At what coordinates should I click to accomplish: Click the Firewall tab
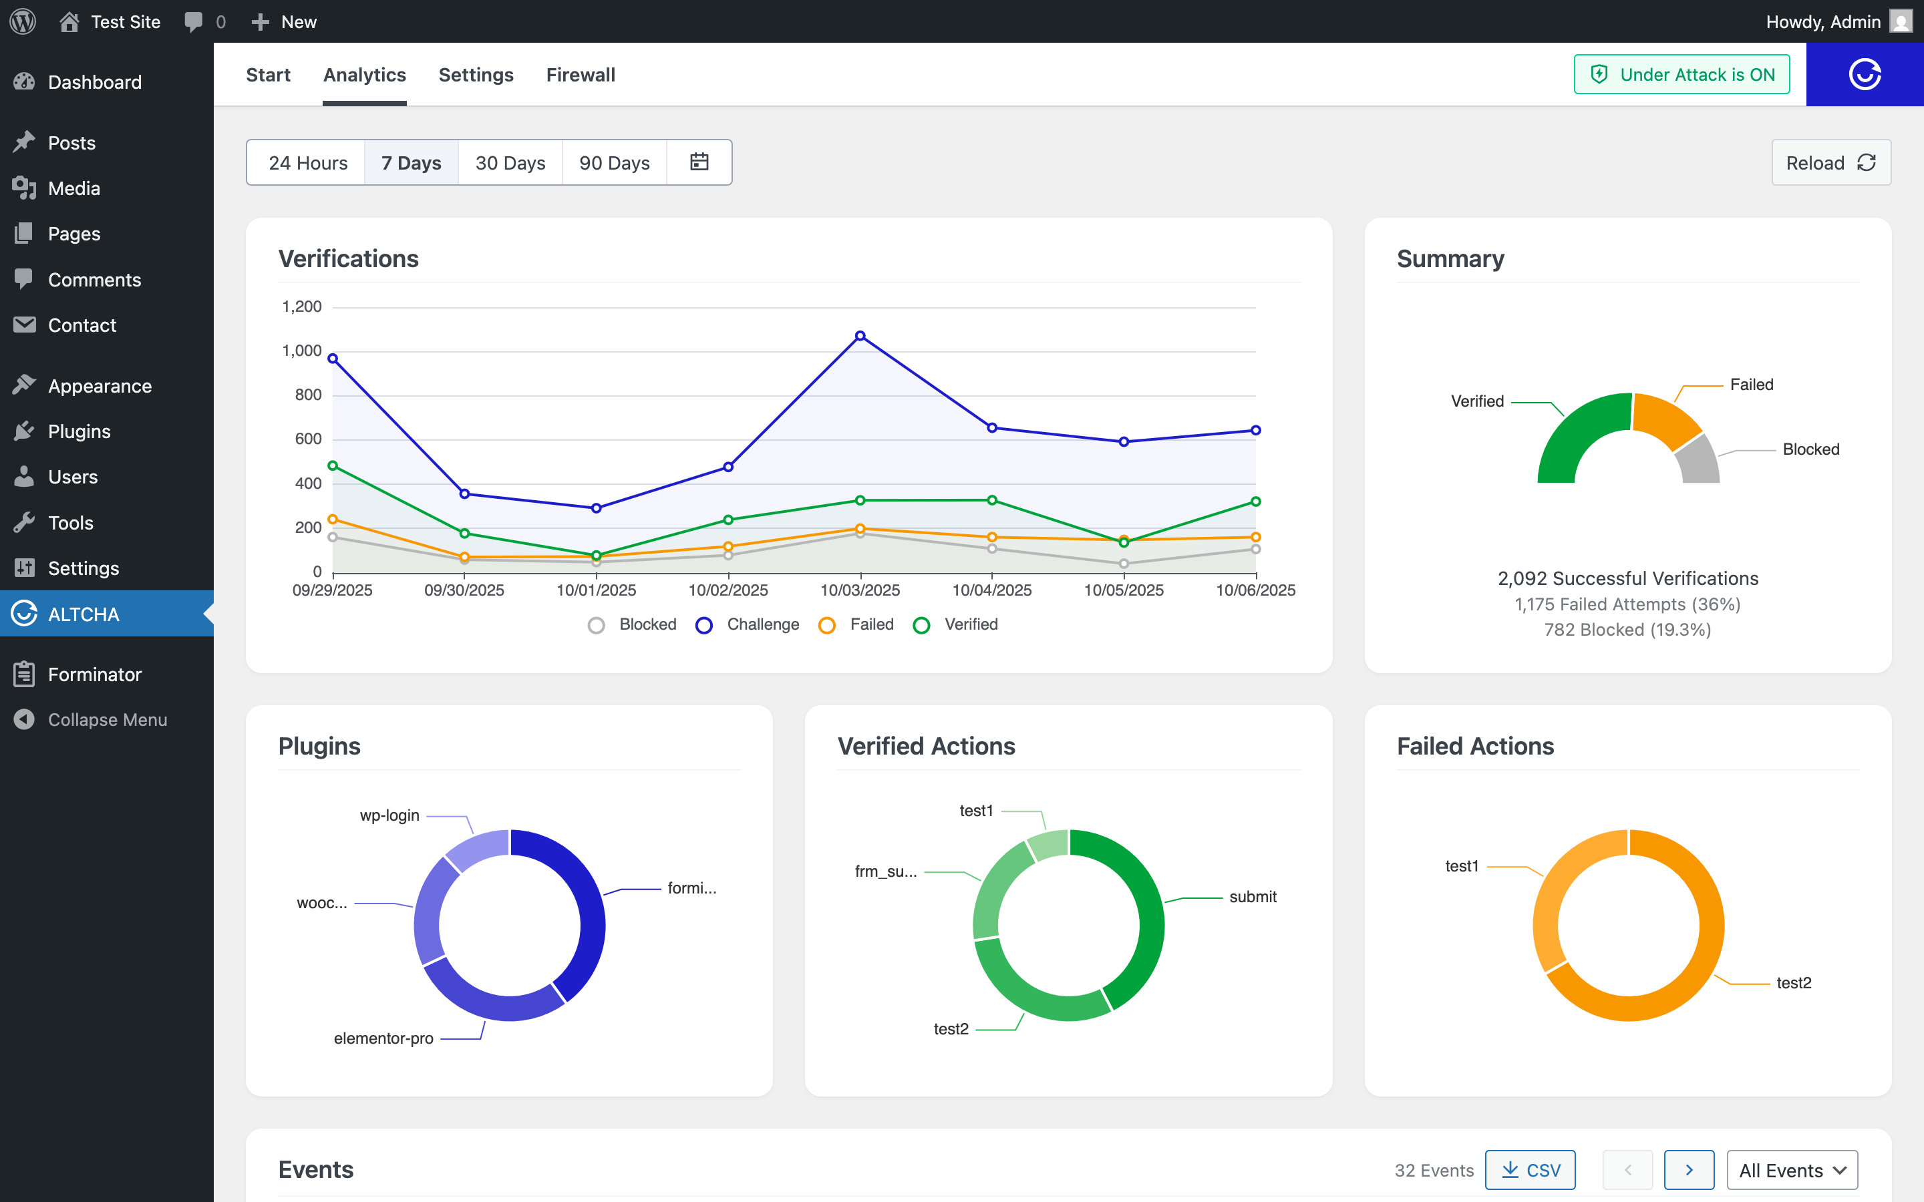pos(581,75)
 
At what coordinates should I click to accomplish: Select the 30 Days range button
pos(510,163)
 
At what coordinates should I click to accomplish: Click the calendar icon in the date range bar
pos(699,162)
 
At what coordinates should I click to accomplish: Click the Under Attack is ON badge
pos(1681,75)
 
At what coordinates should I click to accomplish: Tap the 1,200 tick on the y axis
pos(302,307)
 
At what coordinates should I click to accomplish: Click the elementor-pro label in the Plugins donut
pos(383,1039)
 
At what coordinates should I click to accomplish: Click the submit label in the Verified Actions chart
pos(1252,897)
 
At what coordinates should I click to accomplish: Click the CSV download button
pos(1530,1170)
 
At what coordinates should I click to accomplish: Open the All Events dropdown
pos(1791,1170)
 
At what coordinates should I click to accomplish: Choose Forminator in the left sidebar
pos(95,675)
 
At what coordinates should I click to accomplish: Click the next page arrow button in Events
pos(1689,1170)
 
